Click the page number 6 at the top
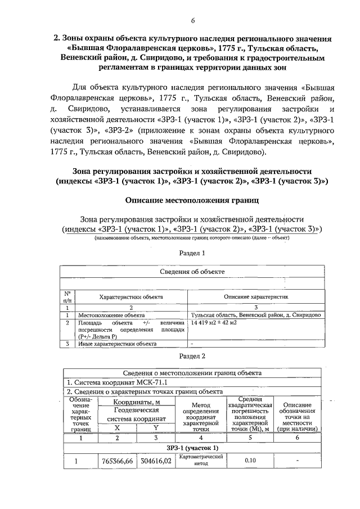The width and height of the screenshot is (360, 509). click(192, 21)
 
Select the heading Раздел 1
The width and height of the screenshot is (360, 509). click(192, 253)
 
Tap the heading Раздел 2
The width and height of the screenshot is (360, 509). click(192, 356)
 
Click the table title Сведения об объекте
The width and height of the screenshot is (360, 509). click(192, 271)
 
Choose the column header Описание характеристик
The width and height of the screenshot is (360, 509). click(256, 296)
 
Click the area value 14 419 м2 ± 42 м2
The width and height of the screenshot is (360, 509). click(214, 323)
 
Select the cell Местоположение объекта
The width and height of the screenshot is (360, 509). click(107, 316)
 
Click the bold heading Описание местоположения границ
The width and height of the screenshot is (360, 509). click(192, 200)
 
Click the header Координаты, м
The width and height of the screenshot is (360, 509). click(137, 402)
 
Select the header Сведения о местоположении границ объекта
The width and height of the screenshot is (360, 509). click(192, 373)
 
